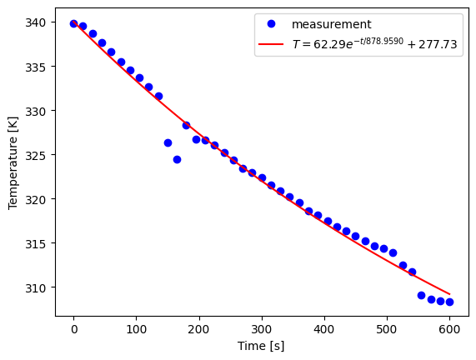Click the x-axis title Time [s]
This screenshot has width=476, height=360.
261,346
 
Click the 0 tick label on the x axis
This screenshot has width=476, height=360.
73,330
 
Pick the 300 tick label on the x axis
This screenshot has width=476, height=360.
261,330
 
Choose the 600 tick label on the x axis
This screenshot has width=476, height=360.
449,330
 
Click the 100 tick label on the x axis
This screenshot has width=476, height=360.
136,330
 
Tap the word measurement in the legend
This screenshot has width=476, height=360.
338,25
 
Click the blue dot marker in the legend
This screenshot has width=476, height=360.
271,25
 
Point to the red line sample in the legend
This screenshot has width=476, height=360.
271,45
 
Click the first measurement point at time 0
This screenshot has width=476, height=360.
73,23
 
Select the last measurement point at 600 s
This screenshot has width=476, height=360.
449,302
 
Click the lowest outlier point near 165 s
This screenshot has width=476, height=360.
177,159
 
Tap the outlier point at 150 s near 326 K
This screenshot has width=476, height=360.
168,142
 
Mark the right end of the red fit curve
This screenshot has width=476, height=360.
449,294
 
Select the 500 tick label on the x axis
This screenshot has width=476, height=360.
387,330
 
